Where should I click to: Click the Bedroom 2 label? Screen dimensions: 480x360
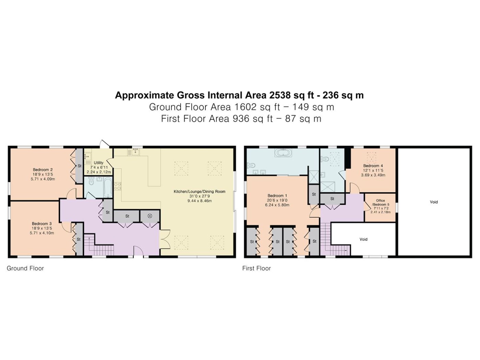(x=43, y=170)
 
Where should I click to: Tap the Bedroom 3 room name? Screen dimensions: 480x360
(x=42, y=224)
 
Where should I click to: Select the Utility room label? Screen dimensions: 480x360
(x=98, y=163)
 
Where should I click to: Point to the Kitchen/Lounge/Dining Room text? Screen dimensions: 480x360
(x=200, y=191)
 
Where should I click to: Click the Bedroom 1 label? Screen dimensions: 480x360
(x=277, y=196)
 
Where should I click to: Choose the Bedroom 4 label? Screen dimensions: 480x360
(x=373, y=166)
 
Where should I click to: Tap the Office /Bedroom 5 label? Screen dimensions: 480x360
(x=381, y=202)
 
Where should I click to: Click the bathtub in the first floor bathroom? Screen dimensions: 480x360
(x=283, y=153)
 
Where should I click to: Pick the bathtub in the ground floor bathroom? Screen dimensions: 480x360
(x=108, y=187)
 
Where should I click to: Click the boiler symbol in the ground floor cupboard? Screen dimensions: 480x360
(x=150, y=216)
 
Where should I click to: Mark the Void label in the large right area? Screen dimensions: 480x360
(x=434, y=202)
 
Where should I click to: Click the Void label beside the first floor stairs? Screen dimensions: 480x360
(x=363, y=239)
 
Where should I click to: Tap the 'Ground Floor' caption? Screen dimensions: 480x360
(x=25, y=268)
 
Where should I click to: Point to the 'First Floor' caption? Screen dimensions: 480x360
(x=256, y=268)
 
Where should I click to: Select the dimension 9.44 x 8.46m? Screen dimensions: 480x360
(x=200, y=201)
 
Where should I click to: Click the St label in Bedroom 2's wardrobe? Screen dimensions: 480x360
(x=80, y=166)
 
